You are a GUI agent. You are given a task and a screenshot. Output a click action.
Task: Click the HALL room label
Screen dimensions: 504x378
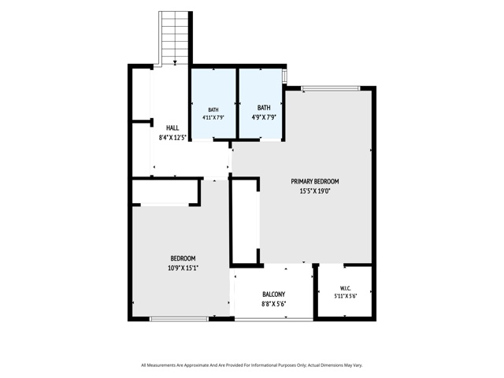[x=172, y=128]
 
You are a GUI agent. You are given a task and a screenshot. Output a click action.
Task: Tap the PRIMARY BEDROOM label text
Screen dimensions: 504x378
[x=315, y=181]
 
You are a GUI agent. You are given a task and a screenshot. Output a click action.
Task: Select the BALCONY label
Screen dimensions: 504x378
[x=273, y=294]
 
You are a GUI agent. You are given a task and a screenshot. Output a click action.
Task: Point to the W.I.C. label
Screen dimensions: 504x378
[x=345, y=288]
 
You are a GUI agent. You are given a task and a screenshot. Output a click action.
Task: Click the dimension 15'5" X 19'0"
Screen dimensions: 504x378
[x=315, y=191]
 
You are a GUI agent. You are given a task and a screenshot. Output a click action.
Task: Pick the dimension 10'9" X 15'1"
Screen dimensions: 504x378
[x=183, y=268]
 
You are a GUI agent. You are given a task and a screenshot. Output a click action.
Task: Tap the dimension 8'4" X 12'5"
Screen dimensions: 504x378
[x=172, y=139]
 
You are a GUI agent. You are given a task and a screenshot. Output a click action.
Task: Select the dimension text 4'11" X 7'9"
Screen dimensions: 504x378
[x=213, y=117]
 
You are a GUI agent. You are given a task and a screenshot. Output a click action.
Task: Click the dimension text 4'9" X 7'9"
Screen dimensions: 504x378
[x=264, y=117]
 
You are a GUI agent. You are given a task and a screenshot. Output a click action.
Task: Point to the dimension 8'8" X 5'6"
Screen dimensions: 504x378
[x=273, y=304]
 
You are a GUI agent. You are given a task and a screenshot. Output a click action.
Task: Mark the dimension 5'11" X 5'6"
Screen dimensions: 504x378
[x=345, y=296]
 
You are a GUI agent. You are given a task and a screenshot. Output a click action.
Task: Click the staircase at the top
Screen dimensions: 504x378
[x=175, y=38]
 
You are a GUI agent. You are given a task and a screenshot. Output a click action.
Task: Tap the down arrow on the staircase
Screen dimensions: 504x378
[x=175, y=62]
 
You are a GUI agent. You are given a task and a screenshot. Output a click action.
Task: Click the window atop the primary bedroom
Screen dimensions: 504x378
[x=331, y=88]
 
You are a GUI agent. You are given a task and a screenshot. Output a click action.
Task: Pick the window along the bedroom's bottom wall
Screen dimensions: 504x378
[x=180, y=319]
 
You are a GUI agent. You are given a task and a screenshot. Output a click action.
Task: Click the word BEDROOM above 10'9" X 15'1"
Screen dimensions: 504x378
[x=183, y=258]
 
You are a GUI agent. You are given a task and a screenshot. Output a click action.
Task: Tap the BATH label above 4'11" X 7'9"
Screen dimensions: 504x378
[x=213, y=110]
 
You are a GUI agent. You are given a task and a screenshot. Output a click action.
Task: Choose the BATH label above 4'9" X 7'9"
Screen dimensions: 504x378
[x=264, y=108]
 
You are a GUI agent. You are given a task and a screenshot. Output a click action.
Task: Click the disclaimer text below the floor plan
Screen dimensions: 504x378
[x=252, y=365]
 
